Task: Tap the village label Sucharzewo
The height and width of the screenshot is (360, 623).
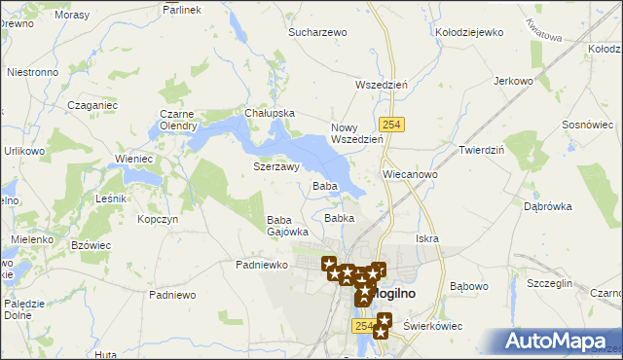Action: click(x=317, y=32)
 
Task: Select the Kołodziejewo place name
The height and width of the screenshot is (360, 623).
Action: click(x=470, y=32)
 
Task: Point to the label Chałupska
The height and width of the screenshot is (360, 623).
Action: click(x=270, y=113)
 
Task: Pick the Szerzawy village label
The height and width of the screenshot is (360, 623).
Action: click(x=275, y=166)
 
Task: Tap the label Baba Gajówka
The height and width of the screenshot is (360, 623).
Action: click(x=287, y=226)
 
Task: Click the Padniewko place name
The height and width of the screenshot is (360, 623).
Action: click(x=261, y=264)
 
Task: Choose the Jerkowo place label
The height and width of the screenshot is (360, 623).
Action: click(x=515, y=81)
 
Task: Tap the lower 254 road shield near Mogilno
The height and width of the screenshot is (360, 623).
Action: click(x=364, y=327)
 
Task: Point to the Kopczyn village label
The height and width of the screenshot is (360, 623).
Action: click(x=157, y=220)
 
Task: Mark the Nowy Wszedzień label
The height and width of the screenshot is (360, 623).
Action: click(x=357, y=133)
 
